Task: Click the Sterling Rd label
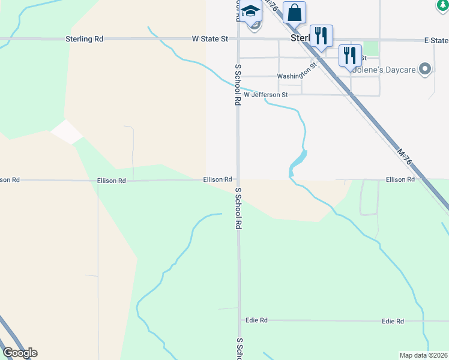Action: (85, 39)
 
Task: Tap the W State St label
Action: (210, 39)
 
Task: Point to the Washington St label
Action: (296, 74)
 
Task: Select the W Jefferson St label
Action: (266, 95)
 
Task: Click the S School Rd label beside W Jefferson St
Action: (238, 85)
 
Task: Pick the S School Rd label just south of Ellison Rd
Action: (238, 208)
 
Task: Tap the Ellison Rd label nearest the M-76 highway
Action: (400, 179)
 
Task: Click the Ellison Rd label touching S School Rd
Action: (217, 179)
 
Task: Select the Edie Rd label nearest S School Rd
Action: (256, 320)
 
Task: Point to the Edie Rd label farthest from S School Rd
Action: (393, 322)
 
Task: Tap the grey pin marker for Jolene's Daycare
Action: (426, 69)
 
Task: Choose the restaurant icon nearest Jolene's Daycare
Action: (350, 56)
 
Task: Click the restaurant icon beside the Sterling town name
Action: (321, 36)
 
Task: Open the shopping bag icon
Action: (294, 13)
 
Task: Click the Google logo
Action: (20, 353)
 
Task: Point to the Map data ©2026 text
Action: (423, 355)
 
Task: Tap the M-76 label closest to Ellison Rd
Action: (405, 157)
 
